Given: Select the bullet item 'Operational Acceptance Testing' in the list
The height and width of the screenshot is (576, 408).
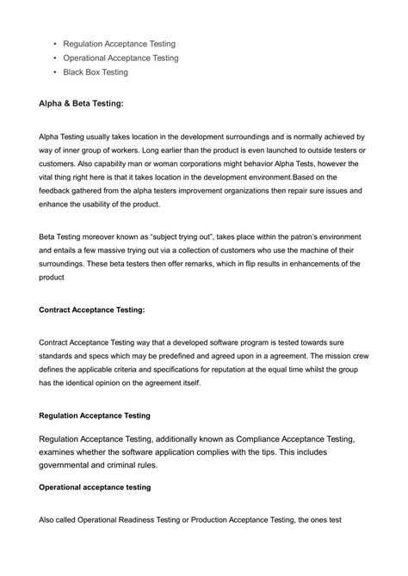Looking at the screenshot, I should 121,58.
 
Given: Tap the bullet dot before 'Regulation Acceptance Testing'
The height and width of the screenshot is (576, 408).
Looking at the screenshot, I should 54,43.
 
